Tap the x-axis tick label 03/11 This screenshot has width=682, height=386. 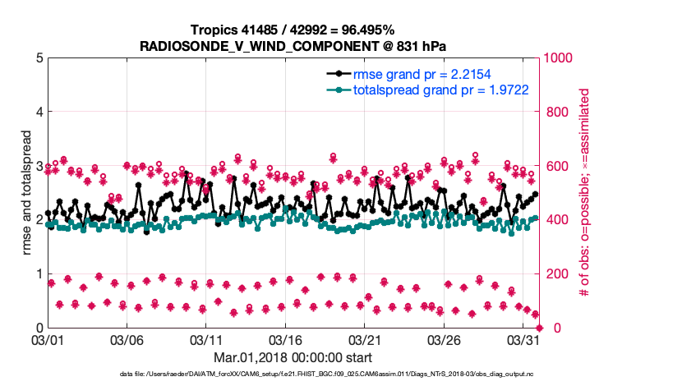[x=207, y=339]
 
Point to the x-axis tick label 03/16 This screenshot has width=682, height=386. [x=287, y=339]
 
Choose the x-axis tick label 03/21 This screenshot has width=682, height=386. [x=366, y=339]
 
